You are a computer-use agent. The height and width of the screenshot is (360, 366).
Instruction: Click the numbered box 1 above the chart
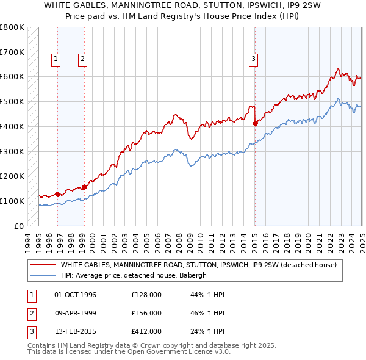tap(56, 59)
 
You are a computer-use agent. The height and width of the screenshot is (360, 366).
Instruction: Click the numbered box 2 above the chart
tap(82, 59)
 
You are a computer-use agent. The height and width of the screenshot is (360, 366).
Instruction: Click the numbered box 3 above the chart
tap(253, 59)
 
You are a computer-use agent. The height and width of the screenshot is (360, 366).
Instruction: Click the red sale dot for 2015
tap(254, 123)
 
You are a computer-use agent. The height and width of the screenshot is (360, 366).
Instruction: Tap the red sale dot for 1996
tap(57, 194)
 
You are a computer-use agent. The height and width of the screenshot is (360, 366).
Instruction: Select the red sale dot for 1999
tap(84, 187)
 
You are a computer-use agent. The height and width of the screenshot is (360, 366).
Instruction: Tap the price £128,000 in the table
tap(146, 295)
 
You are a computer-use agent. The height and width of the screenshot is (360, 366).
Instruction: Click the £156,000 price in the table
tap(146, 313)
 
